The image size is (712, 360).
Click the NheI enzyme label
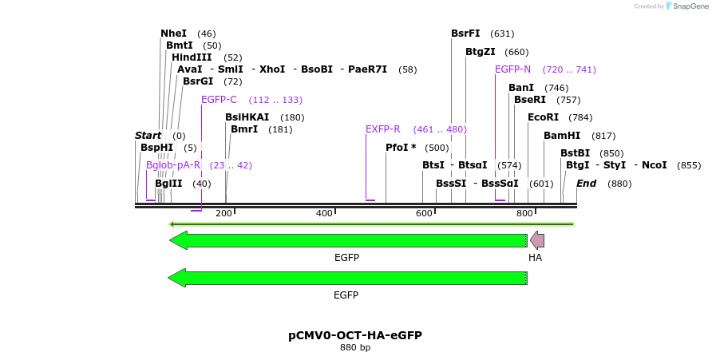173,34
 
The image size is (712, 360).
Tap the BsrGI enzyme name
198,81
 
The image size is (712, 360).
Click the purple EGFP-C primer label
219,100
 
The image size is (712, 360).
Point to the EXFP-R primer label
382,129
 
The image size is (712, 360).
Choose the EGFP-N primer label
512,69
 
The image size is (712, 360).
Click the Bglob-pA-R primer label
173,165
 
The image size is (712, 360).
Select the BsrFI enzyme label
465,34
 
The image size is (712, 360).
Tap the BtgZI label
481,52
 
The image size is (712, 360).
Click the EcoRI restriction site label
543,117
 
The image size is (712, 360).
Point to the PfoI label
401,148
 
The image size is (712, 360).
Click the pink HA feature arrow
537,240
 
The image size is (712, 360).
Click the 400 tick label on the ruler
324,213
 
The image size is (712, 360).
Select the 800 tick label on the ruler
524,213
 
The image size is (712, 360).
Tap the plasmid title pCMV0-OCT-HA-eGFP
355,335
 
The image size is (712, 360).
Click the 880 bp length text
355,348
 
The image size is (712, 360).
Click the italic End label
587,184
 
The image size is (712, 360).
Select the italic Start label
148,136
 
